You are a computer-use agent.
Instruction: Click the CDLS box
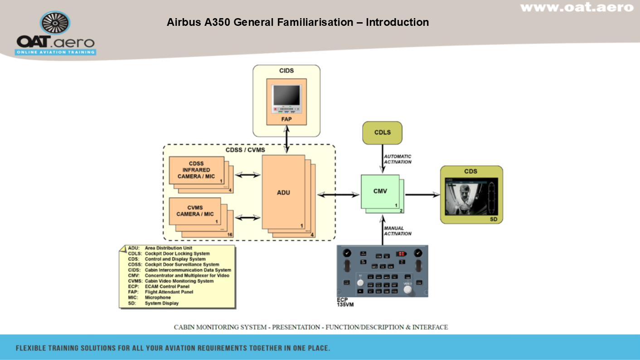click(382, 133)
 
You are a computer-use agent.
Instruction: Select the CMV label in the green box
click(380, 191)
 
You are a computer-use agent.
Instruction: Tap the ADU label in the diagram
click(284, 193)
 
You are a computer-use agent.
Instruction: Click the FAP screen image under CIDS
click(286, 99)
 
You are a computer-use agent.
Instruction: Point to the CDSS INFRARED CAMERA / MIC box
click(197, 170)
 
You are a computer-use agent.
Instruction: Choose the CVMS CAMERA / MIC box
click(195, 211)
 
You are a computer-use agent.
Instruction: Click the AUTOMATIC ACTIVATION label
click(398, 159)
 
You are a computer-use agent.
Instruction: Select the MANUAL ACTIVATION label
click(398, 231)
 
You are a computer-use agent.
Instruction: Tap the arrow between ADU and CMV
click(339, 195)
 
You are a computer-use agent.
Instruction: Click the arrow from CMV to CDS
click(422, 195)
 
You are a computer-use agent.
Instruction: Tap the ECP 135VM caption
click(345, 302)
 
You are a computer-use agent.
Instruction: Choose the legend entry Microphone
click(158, 298)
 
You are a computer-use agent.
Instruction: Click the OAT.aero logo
click(55, 34)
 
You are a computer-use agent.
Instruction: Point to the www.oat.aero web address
click(577, 7)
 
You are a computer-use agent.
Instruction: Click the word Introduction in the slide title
click(397, 22)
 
